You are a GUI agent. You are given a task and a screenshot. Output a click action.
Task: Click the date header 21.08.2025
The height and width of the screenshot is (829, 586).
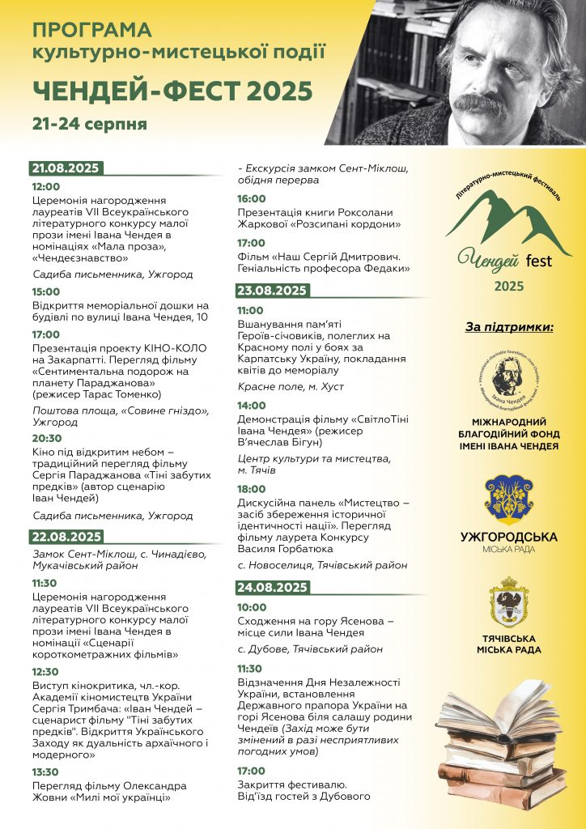click(x=66, y=168)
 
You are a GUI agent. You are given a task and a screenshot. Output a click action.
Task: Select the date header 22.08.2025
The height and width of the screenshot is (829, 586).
click(x=66, y=536)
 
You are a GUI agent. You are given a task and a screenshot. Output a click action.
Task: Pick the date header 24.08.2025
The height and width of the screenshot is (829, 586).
click(x=272, y=588)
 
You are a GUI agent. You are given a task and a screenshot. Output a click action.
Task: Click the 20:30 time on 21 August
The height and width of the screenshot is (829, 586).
click(x=46, y=437)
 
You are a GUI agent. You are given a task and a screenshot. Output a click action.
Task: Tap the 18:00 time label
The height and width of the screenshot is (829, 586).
click(x=251, y=489)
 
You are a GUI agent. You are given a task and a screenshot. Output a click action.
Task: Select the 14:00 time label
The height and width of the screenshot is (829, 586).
click(x=251, y=405)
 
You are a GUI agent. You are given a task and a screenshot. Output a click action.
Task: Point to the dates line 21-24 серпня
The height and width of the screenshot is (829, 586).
click(x=90, y=124)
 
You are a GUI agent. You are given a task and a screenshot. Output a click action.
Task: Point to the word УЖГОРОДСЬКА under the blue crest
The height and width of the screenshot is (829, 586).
click(x=509, y=537)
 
